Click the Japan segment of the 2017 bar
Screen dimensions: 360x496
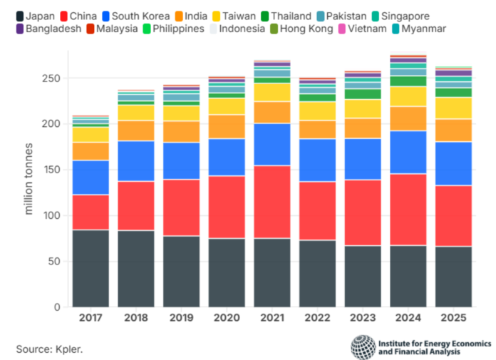91,268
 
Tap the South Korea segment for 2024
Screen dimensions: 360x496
408,153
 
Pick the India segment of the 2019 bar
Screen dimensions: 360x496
180,132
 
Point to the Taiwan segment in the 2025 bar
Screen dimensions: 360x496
453,108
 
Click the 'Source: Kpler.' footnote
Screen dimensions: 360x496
48,348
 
